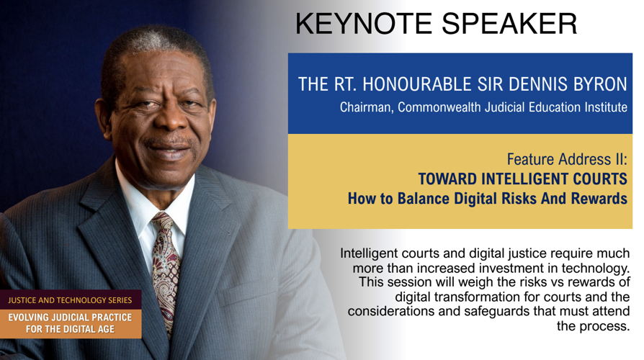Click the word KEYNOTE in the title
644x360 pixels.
click(364, 23)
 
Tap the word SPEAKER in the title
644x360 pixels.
click(509, 23)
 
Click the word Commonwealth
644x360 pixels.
click(439, 107)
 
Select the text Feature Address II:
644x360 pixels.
click(567, 159)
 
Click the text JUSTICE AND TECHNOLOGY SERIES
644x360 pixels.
click(70, 300)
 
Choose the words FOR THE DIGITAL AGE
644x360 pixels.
click(70, 329)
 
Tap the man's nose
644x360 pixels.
click(169, 120)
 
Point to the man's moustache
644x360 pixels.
click(169, 142)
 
